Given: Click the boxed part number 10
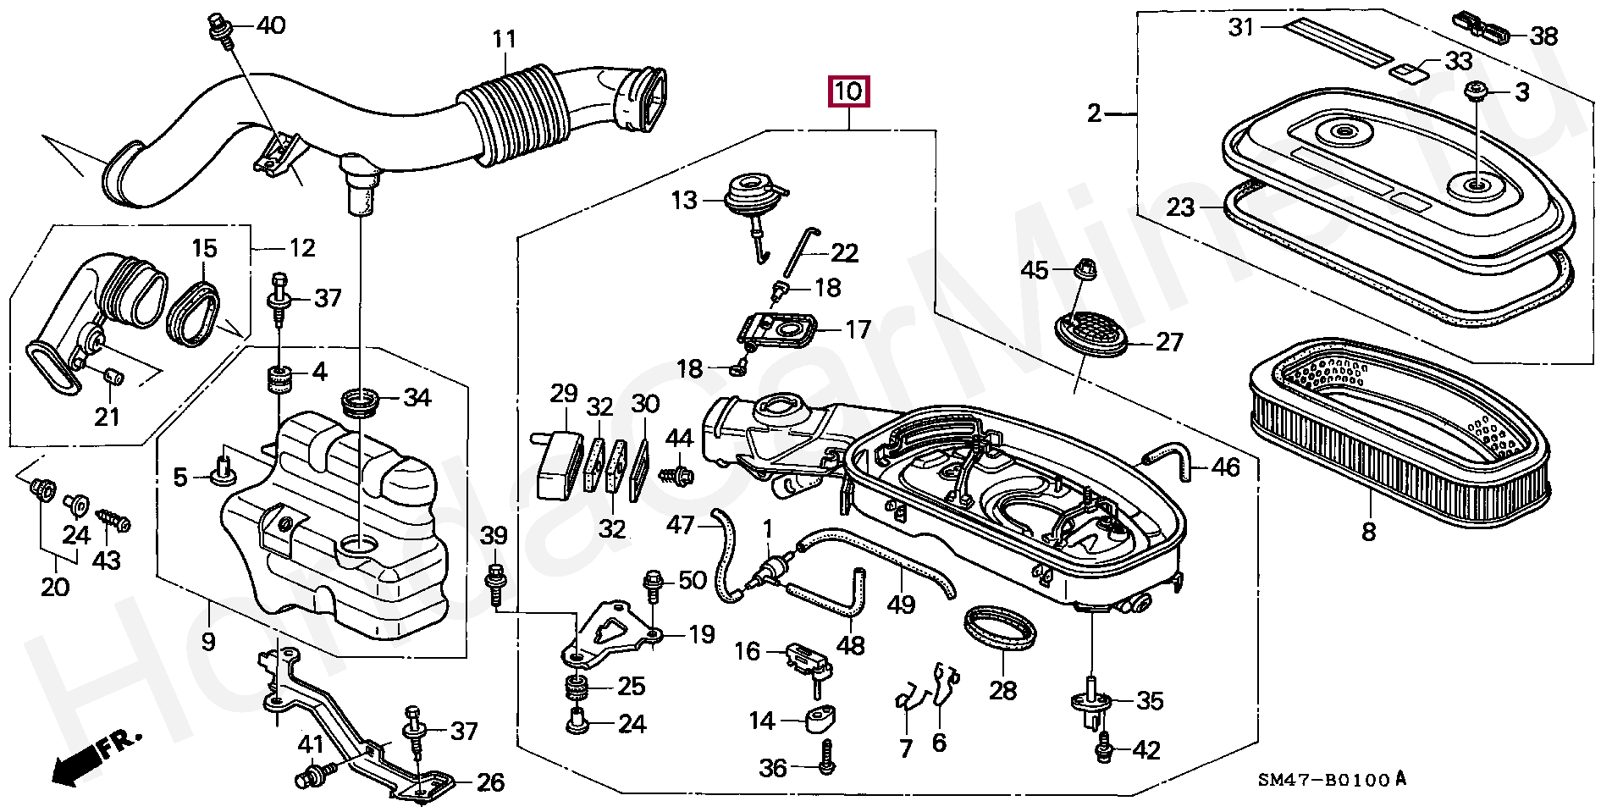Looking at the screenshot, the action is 850,91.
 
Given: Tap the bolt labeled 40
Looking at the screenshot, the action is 220,27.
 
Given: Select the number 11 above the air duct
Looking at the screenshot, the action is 505,40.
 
